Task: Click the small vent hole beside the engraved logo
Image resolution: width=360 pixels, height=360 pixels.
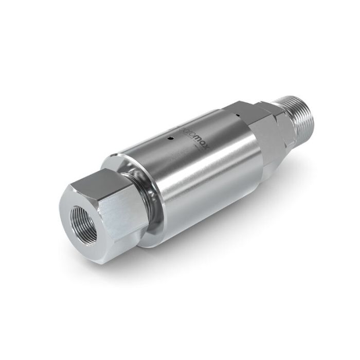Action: coord(171,138)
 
